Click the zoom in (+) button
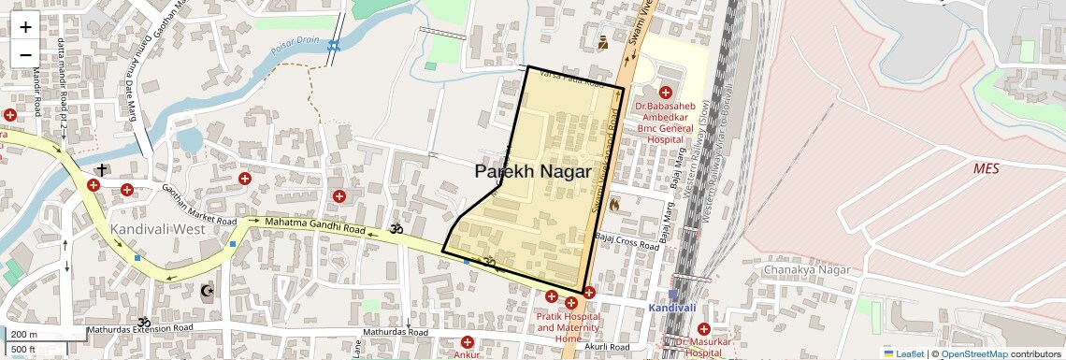click(25, 27)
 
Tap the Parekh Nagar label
click(532, 172)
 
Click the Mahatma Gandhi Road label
click(314, 224)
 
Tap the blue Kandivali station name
click(673, 308)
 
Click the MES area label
click(987, 168)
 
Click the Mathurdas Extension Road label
click(139, 329)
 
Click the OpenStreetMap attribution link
click(973, 353)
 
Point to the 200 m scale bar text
click(25, 335)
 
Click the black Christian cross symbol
click(100, 170)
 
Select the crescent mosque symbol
click(208, 292)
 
